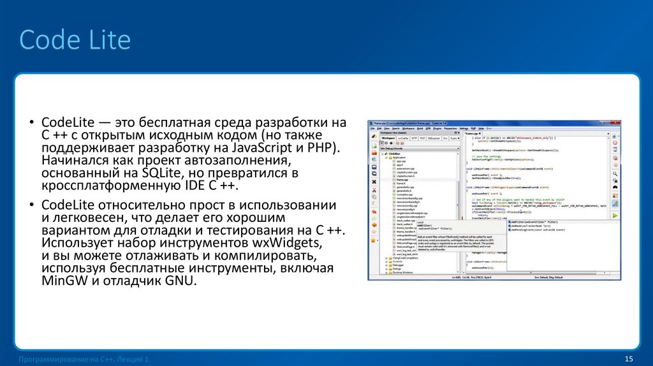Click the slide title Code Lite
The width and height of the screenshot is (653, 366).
tap(75, 40)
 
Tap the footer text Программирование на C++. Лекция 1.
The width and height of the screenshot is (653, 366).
tap(85, 360)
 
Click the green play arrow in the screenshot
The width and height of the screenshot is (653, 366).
tap(615, 216)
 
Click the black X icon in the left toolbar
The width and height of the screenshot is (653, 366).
tap(374, 182)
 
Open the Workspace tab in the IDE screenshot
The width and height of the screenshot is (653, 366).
tap(388, 138)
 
